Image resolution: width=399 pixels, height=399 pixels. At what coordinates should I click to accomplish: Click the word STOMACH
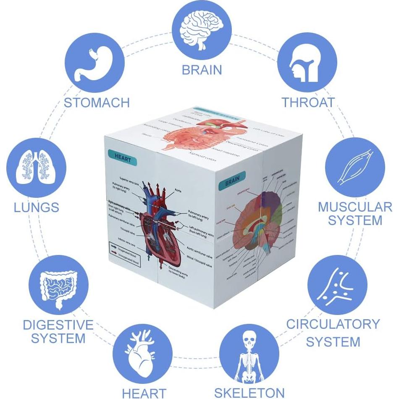97,102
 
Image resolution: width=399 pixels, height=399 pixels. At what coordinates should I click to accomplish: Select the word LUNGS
36,207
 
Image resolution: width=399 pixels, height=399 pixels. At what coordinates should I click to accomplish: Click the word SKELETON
249,393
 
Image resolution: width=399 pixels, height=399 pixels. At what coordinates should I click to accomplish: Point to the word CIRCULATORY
333,324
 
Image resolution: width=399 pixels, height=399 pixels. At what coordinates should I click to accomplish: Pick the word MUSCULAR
355,207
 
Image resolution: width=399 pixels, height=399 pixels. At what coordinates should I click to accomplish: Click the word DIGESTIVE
58,324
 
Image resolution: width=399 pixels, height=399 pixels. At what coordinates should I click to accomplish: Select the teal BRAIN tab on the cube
232,183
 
